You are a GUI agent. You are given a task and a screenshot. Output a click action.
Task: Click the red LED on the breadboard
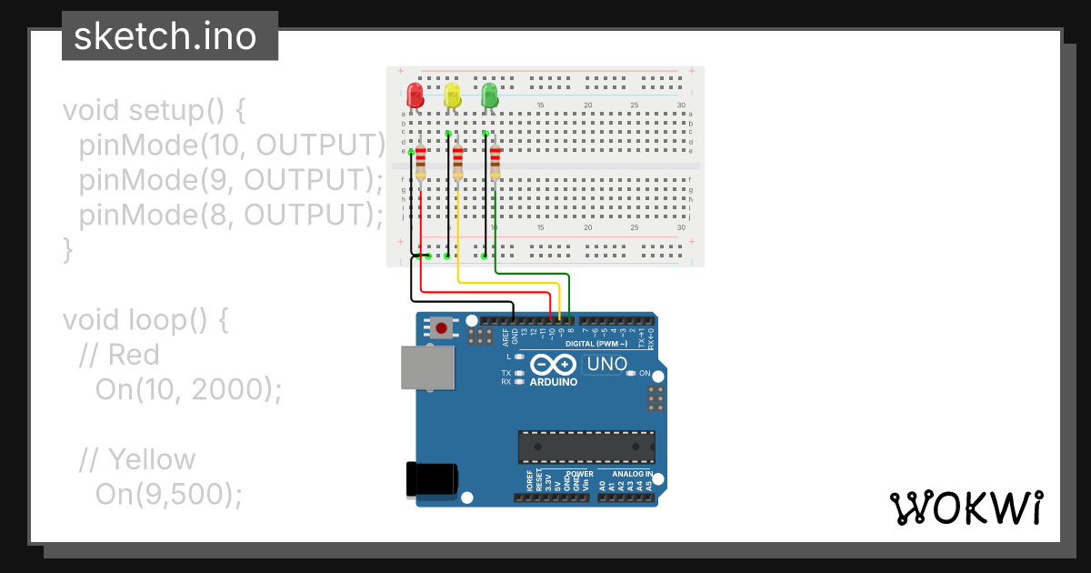415,95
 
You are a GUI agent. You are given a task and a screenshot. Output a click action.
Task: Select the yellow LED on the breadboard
452,95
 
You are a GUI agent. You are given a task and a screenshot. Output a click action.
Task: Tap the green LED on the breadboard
489,95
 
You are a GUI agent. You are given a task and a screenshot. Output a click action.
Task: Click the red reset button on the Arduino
443,327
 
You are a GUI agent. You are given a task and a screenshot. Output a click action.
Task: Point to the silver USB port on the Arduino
427,367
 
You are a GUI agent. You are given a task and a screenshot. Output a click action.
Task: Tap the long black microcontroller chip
586,447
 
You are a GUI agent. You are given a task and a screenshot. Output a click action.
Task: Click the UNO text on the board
607,365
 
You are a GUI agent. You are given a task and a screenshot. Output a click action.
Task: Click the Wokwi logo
966,508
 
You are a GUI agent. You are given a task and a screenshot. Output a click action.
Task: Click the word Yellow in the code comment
151,459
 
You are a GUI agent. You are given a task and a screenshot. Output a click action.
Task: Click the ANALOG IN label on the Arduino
631,474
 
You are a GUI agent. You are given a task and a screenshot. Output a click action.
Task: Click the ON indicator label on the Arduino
645,374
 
